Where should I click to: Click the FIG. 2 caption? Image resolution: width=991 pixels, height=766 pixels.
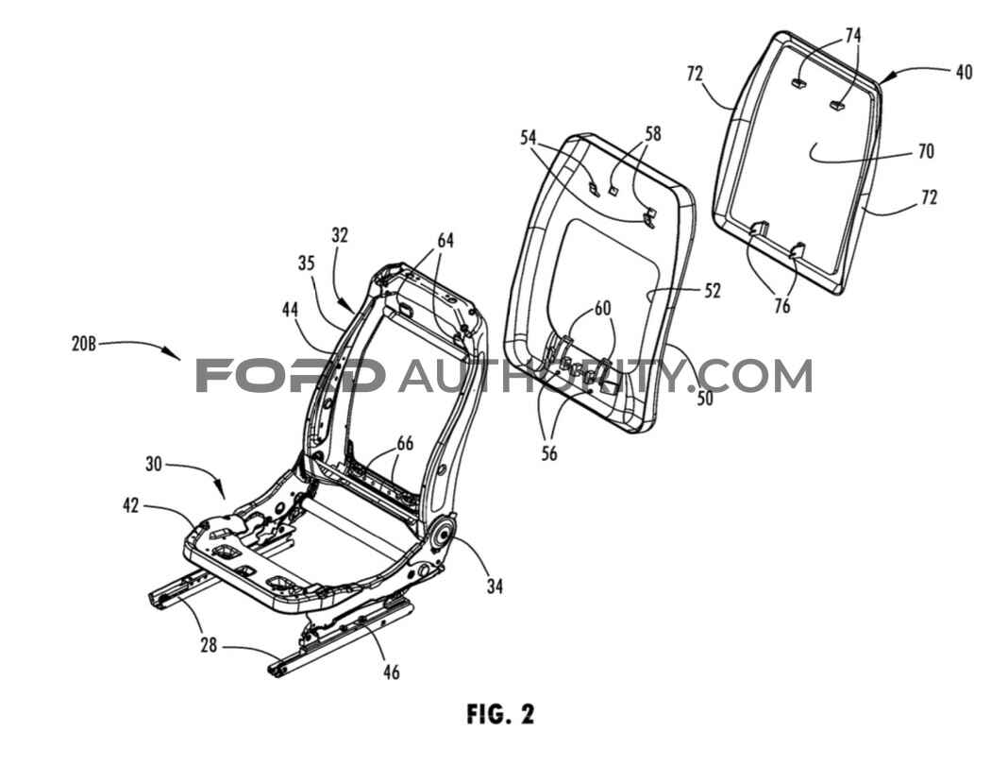(x=500, y=714)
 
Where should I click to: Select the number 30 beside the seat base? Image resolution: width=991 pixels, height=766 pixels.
(x=154, y=465)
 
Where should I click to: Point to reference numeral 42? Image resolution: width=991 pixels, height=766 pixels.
(x=131, y=506)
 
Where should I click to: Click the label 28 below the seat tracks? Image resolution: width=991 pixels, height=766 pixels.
(x=209, y=645)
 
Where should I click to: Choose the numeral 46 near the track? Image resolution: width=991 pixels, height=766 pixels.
(x=392, y=672)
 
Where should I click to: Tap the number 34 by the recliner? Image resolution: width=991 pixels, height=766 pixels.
(x=495, y=587)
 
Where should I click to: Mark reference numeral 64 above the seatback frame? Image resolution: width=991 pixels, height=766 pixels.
(x=445, y=241)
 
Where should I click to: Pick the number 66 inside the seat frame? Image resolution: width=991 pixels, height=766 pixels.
(x=405, y=443)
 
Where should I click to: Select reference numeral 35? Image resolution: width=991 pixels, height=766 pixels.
(x=306, y=263)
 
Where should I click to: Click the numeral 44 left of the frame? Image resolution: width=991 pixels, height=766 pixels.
(x=291, y=309)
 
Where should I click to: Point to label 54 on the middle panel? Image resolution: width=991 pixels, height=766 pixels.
(x=529, y=137)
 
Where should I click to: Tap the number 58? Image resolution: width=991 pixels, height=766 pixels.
(x=652, y=134)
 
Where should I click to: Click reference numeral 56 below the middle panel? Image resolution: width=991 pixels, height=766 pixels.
(x=549, y=453)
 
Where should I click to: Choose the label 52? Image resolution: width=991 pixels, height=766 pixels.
(x=713, y=290)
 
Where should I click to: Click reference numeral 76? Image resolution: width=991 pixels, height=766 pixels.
(x=782, y=305)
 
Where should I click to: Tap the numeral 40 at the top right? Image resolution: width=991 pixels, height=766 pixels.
(x=964, y=73)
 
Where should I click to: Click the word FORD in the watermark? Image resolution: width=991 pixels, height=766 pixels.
(x=291, y=376)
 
